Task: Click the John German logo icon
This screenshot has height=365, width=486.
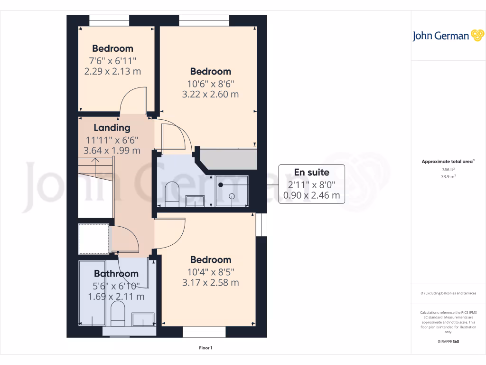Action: (x=476, y=36)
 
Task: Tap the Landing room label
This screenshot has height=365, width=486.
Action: (x=112, y=127)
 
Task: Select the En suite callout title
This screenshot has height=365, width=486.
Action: (x=311, y=172)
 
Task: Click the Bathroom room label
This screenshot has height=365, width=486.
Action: (x=116, y=273)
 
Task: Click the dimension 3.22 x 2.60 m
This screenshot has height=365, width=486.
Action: (x=210, y=94)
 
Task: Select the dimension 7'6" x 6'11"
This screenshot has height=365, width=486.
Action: (x=112, y=60)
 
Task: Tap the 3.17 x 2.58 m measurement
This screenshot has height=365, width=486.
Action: (x=210, y=283)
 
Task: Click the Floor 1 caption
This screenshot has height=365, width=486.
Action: (x=206, y=348)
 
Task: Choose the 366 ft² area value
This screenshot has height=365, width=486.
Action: (x=448, y=169)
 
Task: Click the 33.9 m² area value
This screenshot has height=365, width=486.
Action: (x=448, y=176)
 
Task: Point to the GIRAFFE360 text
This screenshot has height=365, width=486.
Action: (x=448, y=342)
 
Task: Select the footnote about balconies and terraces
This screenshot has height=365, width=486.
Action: (x=448, y=293)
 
